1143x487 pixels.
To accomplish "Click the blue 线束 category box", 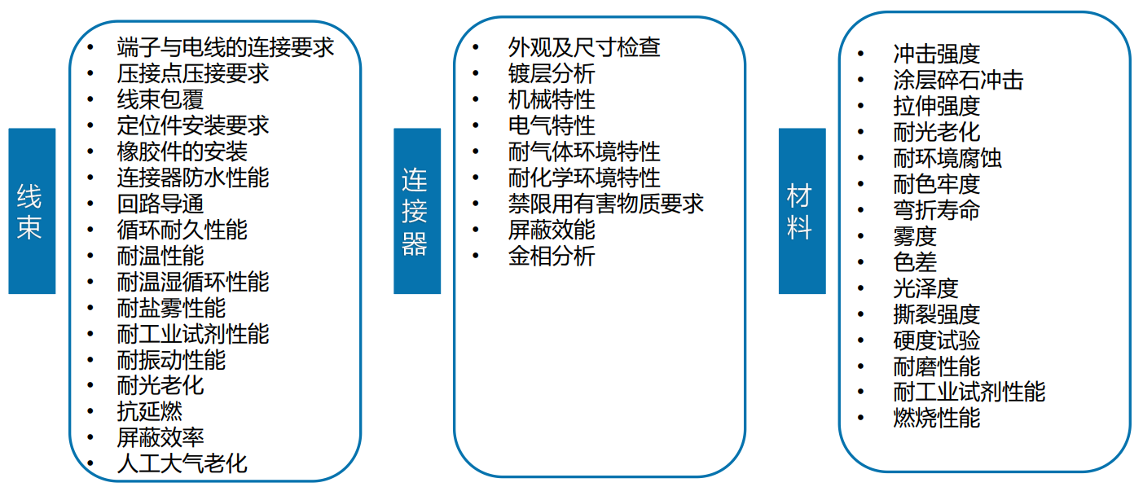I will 32,211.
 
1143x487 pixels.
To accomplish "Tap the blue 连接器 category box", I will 417,211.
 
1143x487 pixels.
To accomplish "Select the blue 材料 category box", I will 802,211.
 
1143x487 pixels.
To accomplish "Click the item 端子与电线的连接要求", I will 226,47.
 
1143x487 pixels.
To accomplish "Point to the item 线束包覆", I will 160,99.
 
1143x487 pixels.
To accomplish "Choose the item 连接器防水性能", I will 193,178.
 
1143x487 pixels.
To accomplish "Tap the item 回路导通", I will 160,204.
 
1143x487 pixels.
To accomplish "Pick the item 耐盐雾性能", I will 171,308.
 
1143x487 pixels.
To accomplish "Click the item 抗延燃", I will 150,412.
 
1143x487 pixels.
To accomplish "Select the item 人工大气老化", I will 182,464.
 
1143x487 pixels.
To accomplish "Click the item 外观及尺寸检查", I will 584,47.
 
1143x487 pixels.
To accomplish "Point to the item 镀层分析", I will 552,73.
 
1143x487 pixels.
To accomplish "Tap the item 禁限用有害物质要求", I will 605,204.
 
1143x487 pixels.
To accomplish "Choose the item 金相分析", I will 552,256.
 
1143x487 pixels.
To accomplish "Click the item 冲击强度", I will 936,55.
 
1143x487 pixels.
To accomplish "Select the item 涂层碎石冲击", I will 958,81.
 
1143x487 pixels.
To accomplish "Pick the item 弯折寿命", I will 936,211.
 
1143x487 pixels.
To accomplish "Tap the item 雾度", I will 915,237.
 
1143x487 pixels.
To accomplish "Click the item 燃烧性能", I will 936,419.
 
